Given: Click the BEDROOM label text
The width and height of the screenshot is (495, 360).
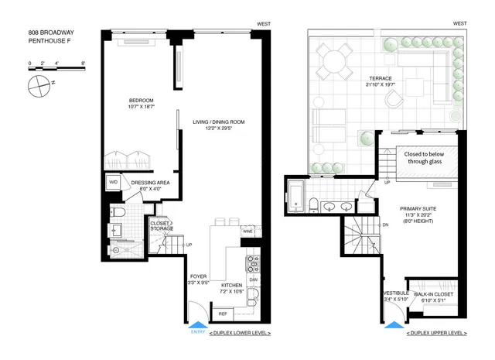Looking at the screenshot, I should tap(142, 101).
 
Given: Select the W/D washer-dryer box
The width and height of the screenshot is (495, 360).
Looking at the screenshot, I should tap(113, 183).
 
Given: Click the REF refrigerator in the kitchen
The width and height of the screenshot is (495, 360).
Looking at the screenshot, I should tap(222, 314).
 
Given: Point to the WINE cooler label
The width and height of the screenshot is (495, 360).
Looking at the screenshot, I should tap(247, 231).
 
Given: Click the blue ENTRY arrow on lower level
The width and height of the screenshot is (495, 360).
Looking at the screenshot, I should tap(198, 326).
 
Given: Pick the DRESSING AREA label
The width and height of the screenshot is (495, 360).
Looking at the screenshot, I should tap(155, 183).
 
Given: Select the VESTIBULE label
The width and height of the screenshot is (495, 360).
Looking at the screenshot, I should tap(394, 293).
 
